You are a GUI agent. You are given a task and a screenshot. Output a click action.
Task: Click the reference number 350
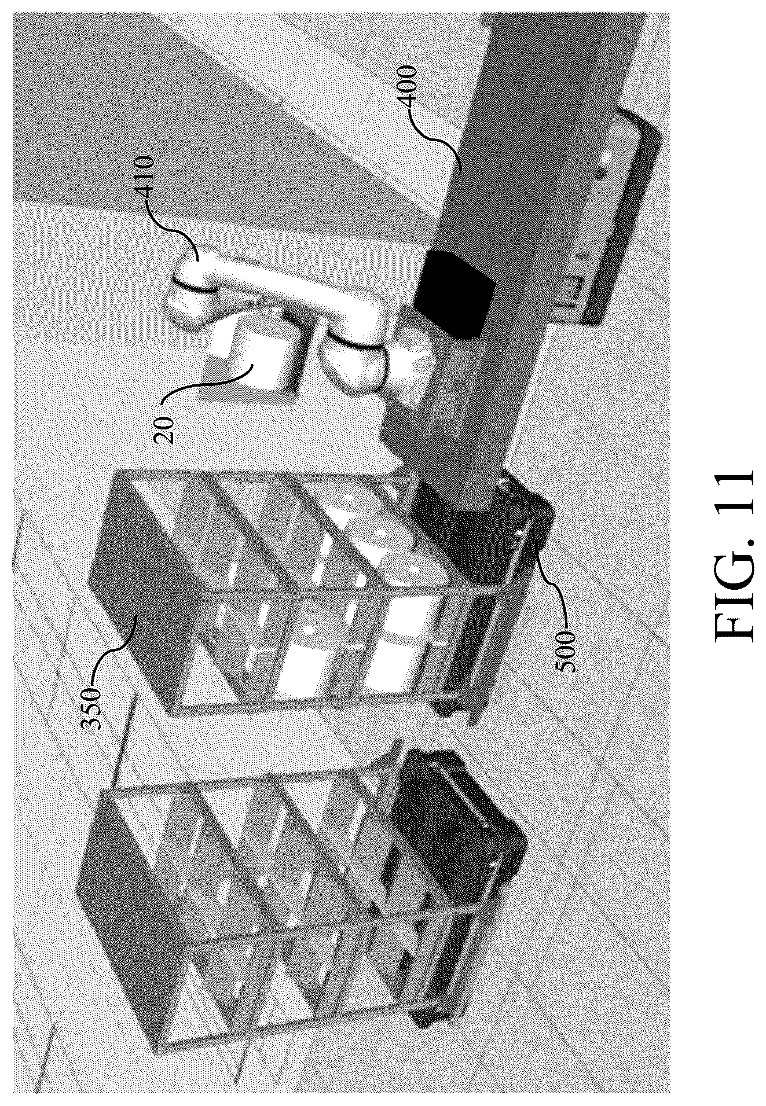[x=91, y=706]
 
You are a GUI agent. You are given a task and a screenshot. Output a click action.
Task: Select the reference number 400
[x=408, y=86]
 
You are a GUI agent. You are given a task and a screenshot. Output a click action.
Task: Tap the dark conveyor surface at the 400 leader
[x=492, y=191]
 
